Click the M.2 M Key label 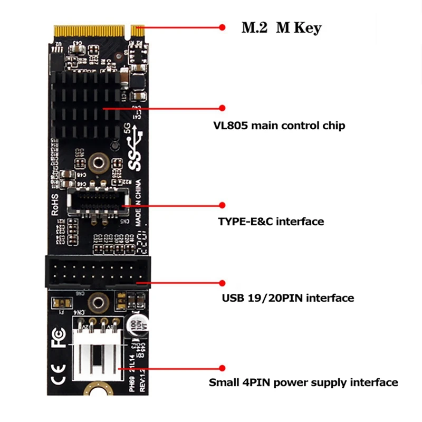pyautogui.click(x=281, y=27)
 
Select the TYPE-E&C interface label pyautogui.click(x=271, y=221)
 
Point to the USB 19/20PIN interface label pyautogui.click(x=287, y=299)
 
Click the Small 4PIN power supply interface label pyautogui.click(x=303, y=382)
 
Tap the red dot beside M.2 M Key pyautogui.click(x=222, y=27)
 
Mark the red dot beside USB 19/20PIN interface pyautogui.click(x=222, y=283)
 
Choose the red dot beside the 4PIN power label pyautogui.click(x=222, y=367)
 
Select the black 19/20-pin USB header pyautogui.click(x=98, y=271)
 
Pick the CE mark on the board pyautogui.click(x=58, y=372)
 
